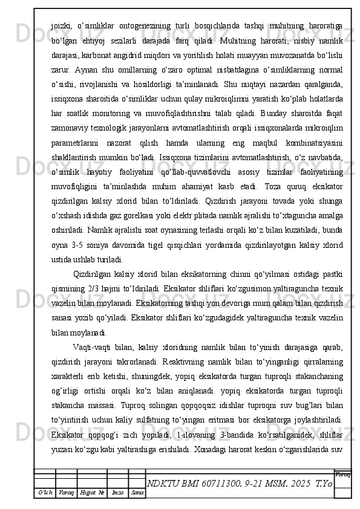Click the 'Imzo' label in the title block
click(117, 495)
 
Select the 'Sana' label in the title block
click(137, 495)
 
